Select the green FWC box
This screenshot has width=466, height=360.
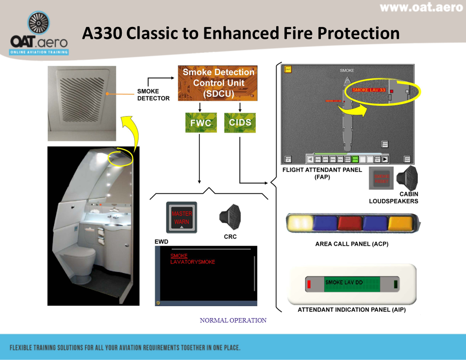tap(200, 123)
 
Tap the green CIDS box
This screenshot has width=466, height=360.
tap(240, 123)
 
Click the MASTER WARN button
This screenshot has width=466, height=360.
tap(181, 217)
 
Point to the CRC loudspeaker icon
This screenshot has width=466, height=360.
tap(230, 217)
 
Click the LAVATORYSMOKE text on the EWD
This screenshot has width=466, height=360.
tap(193, 262)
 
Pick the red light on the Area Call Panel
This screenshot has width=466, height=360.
tap(350, 223)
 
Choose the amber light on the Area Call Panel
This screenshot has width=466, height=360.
tap(400, 223)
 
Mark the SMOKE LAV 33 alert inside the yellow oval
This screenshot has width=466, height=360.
tap(369, 90)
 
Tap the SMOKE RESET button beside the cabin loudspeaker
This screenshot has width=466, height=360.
tap(381, 179)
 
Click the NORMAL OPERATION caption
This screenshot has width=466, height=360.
tap(233, 321)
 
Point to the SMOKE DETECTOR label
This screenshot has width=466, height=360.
tap(153, 95)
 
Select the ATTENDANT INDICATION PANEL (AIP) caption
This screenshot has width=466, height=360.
tap(352, 310)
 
